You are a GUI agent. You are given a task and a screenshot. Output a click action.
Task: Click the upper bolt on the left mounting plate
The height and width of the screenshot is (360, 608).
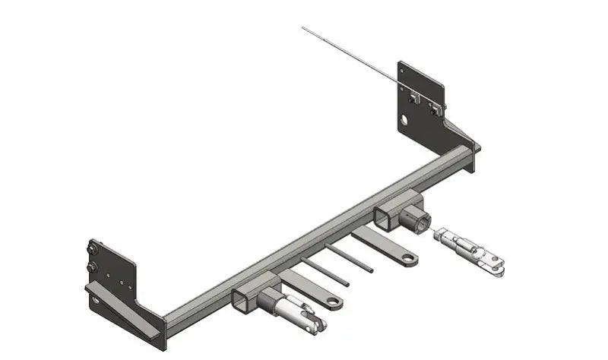[x=93, y=246]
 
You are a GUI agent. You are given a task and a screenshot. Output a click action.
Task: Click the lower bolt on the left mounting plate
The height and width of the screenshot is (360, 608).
[x=92, y=267]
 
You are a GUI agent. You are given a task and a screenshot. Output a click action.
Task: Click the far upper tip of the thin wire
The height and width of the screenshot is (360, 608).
[x=303, y=29]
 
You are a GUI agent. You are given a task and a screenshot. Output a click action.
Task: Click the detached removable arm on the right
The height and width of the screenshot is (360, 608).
[x=470, y=249]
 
